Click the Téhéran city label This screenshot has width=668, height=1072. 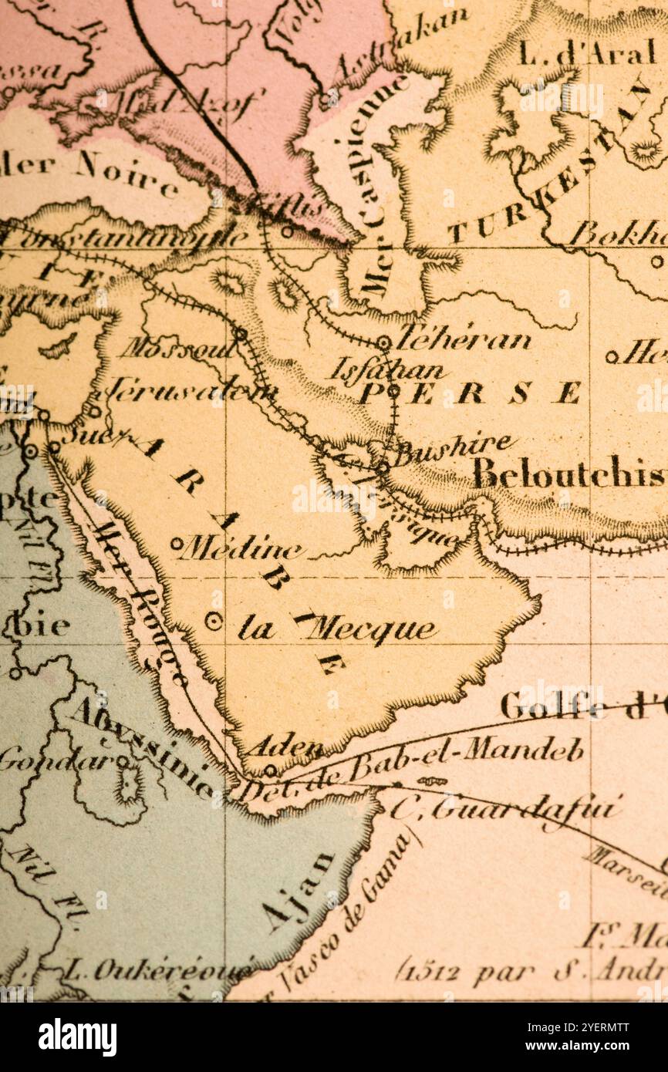464,339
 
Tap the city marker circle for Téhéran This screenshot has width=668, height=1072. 383,342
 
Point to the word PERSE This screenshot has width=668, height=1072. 471,393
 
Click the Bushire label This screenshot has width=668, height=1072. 454,448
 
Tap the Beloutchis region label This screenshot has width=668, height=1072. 568,473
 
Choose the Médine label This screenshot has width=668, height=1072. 241,548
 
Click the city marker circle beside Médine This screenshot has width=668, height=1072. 177,543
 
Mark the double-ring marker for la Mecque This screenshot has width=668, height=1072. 214,619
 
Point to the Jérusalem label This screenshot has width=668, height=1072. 189,390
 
